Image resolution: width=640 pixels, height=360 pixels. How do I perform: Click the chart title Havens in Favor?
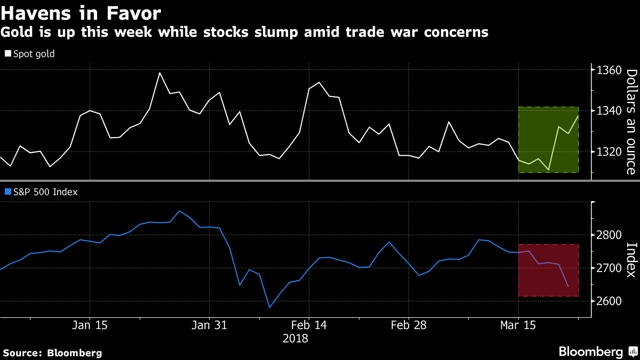point(81,13)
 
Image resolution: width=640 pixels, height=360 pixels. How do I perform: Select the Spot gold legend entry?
point(29,54)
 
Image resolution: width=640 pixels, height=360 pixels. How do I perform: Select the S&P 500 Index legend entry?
point(41,192)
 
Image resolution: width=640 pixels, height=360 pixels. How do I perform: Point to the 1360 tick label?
point(609,70)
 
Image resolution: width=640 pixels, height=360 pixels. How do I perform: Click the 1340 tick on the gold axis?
point(609,111)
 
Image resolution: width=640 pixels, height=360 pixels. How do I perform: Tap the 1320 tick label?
point(609,152)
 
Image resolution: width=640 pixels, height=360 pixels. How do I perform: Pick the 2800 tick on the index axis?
point(609,235)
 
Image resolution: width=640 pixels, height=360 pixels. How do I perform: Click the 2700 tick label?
point(609,268)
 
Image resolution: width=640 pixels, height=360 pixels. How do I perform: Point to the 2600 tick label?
point(609,301)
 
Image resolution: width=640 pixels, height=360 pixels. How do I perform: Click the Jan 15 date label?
point(90,325)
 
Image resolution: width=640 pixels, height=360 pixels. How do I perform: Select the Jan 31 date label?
point(209,325)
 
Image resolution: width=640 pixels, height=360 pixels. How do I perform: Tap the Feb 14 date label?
point(309,325)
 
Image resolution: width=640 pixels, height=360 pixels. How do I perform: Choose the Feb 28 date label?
point(409,325)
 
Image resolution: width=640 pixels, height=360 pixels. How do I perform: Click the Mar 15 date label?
point(518,325)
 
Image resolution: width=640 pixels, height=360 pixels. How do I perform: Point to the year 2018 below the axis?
point(296,339)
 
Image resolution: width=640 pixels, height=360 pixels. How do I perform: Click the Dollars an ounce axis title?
point(631,122)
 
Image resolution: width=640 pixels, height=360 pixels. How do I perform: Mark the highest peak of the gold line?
point(159,73)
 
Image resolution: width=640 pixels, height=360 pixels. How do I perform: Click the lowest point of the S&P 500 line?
point(269,307)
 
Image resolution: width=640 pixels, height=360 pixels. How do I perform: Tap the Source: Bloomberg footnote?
point(53,353)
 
